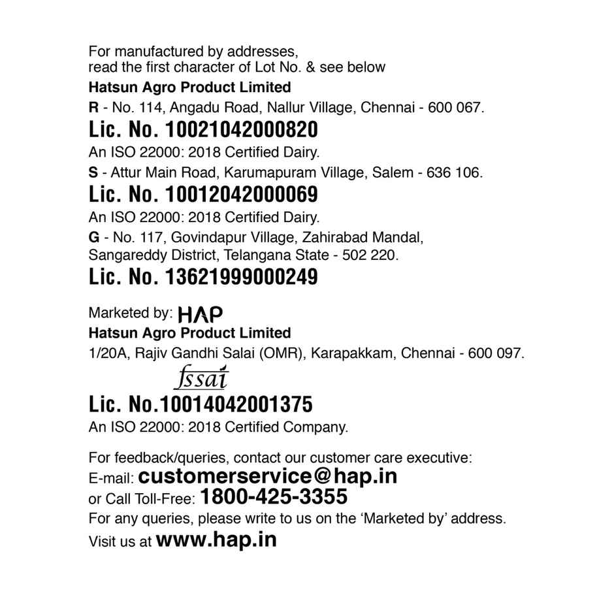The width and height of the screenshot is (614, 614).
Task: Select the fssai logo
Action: pos(204,378)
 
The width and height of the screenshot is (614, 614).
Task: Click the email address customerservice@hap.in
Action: pos(268,476)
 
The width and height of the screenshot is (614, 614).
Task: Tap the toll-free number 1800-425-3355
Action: pos(274,498)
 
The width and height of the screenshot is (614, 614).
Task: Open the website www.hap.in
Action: pos(216,540)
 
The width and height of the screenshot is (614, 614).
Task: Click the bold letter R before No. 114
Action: pos(93,108)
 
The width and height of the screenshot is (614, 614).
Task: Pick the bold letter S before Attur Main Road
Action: pos(93,173)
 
